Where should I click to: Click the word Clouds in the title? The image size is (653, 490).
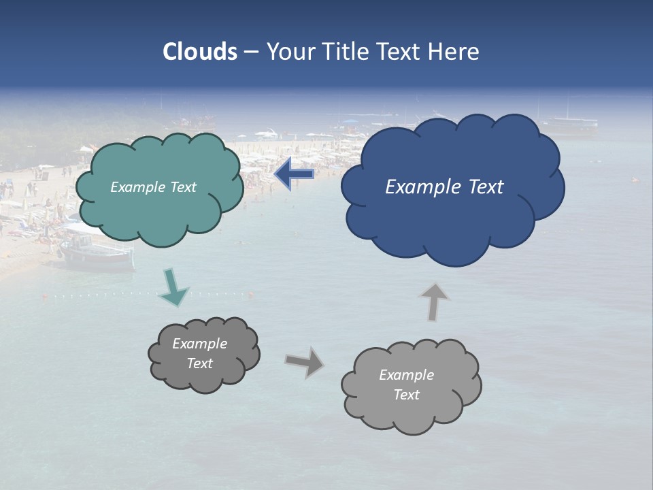click(199, 52)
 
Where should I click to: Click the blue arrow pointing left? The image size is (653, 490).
click(295, 175)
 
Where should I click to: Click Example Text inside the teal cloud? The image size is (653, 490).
click(153, 187)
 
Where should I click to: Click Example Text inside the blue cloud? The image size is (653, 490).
click(444, 187)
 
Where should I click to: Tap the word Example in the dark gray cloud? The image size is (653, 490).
click(199, 344)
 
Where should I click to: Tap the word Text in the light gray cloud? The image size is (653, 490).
click(406, 395)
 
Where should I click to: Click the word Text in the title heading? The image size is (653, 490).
click(399, 52)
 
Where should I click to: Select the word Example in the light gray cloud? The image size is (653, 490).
click(406, 375)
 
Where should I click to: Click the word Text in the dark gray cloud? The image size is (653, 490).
click(199, 363)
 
